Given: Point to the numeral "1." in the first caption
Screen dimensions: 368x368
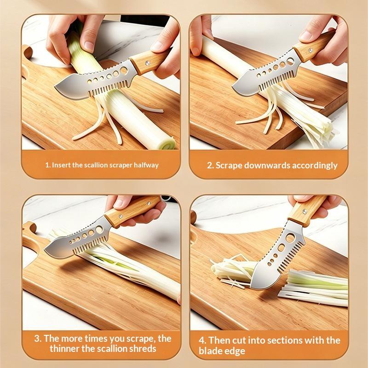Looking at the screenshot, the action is tap(48, 165).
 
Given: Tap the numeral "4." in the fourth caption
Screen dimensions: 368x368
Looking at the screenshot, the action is tap(202, 340).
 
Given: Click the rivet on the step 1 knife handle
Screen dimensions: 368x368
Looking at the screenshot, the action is tap(147, 63).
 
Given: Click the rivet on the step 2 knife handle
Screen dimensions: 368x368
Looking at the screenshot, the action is tap(311, 50).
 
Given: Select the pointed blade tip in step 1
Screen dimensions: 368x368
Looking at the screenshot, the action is tap(55, 88).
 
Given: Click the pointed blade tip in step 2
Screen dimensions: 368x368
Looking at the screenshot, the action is tap(233, 87).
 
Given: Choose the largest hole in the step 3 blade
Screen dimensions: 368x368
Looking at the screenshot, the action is tap(99, 230).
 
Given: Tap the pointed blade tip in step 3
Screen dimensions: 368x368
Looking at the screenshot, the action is tap(45, 250).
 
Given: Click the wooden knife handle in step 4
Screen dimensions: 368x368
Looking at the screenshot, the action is tap(306, 211).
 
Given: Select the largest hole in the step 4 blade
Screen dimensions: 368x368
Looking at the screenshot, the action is tap(290, 238).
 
